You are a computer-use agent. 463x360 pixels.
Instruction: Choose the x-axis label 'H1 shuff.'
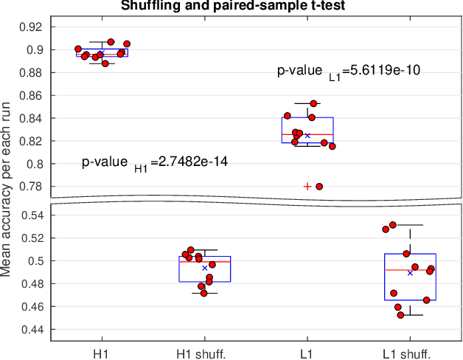[204, 352]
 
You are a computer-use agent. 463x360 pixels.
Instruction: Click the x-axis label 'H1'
[102, 352]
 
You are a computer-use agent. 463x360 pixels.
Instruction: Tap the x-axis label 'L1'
[307, 352]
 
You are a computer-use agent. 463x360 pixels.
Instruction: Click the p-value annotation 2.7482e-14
[155, 163]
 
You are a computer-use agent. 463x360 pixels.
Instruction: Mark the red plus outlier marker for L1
[307, 187]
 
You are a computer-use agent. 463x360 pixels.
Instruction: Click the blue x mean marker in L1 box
[307, 135]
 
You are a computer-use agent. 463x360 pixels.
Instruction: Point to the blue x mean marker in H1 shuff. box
[205, 268]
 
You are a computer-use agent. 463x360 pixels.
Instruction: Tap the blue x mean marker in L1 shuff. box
[410, 273]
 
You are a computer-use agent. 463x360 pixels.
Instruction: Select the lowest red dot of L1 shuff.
[401, 315]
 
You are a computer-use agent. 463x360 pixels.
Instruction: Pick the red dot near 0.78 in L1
[319, 187]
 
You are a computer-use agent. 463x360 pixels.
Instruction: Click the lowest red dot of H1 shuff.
[204, 293]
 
